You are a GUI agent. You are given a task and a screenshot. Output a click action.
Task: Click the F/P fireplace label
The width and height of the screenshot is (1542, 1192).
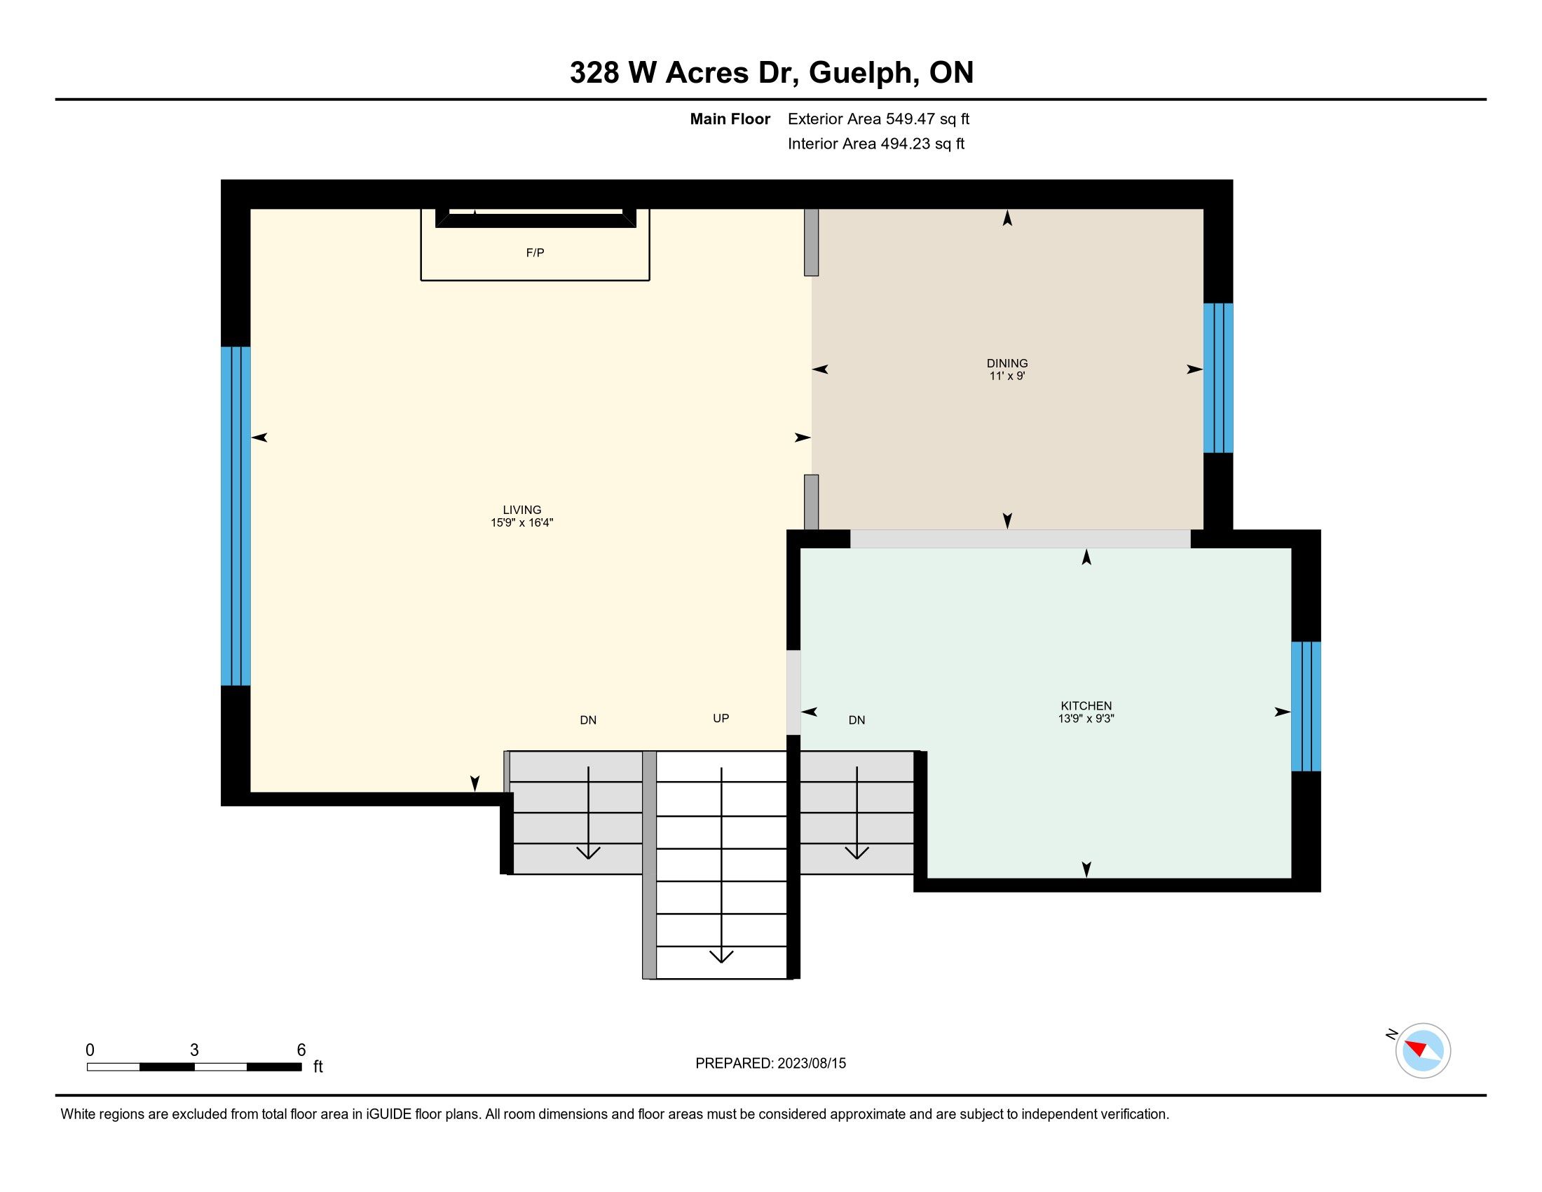(x=535, y=253)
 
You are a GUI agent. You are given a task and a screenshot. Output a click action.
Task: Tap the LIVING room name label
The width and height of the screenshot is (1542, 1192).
(x=521, y=510)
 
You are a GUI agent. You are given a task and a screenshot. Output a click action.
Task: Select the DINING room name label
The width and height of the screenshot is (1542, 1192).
(x=1007, y=364)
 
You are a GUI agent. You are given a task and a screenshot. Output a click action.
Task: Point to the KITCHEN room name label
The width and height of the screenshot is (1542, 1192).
(x=1086, y=705)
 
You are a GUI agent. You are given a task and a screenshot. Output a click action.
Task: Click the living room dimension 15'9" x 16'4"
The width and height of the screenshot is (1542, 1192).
(x=521, y=522)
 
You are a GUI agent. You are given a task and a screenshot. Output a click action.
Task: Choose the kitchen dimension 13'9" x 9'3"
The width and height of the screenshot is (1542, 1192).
(x=1086, y=719)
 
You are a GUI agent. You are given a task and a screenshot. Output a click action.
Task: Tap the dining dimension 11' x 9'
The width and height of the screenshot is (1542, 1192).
(x=1007, y=377)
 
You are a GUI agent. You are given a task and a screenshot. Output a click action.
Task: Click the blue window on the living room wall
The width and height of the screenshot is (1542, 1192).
(x=236, y=516)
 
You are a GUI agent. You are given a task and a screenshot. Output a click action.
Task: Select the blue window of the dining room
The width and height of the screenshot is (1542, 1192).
(x=1218, y=378)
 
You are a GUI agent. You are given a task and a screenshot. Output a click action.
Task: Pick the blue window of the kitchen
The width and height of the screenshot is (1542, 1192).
(x=1306, y=706)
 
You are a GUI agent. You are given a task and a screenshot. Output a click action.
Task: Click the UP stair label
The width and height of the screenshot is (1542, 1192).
(x=721, y=718)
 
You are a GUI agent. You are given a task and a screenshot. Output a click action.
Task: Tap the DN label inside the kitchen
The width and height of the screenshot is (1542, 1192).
(x=857, y=720)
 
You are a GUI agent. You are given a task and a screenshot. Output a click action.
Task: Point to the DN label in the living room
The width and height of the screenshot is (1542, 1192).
(x=588, y=720)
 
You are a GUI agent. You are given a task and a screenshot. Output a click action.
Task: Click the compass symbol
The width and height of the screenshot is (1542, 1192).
(x=1423, y=1050)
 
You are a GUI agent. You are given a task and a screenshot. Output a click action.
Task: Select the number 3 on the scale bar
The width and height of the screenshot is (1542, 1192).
(x=194, y=1050)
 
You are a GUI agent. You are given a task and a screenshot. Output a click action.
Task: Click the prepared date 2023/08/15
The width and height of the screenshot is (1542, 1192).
(x=812, y=1064)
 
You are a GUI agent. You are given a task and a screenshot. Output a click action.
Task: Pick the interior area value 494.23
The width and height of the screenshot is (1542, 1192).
(x=903, y=144)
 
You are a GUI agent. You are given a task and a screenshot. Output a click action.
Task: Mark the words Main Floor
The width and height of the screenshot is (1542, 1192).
(x=730, y=119)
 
